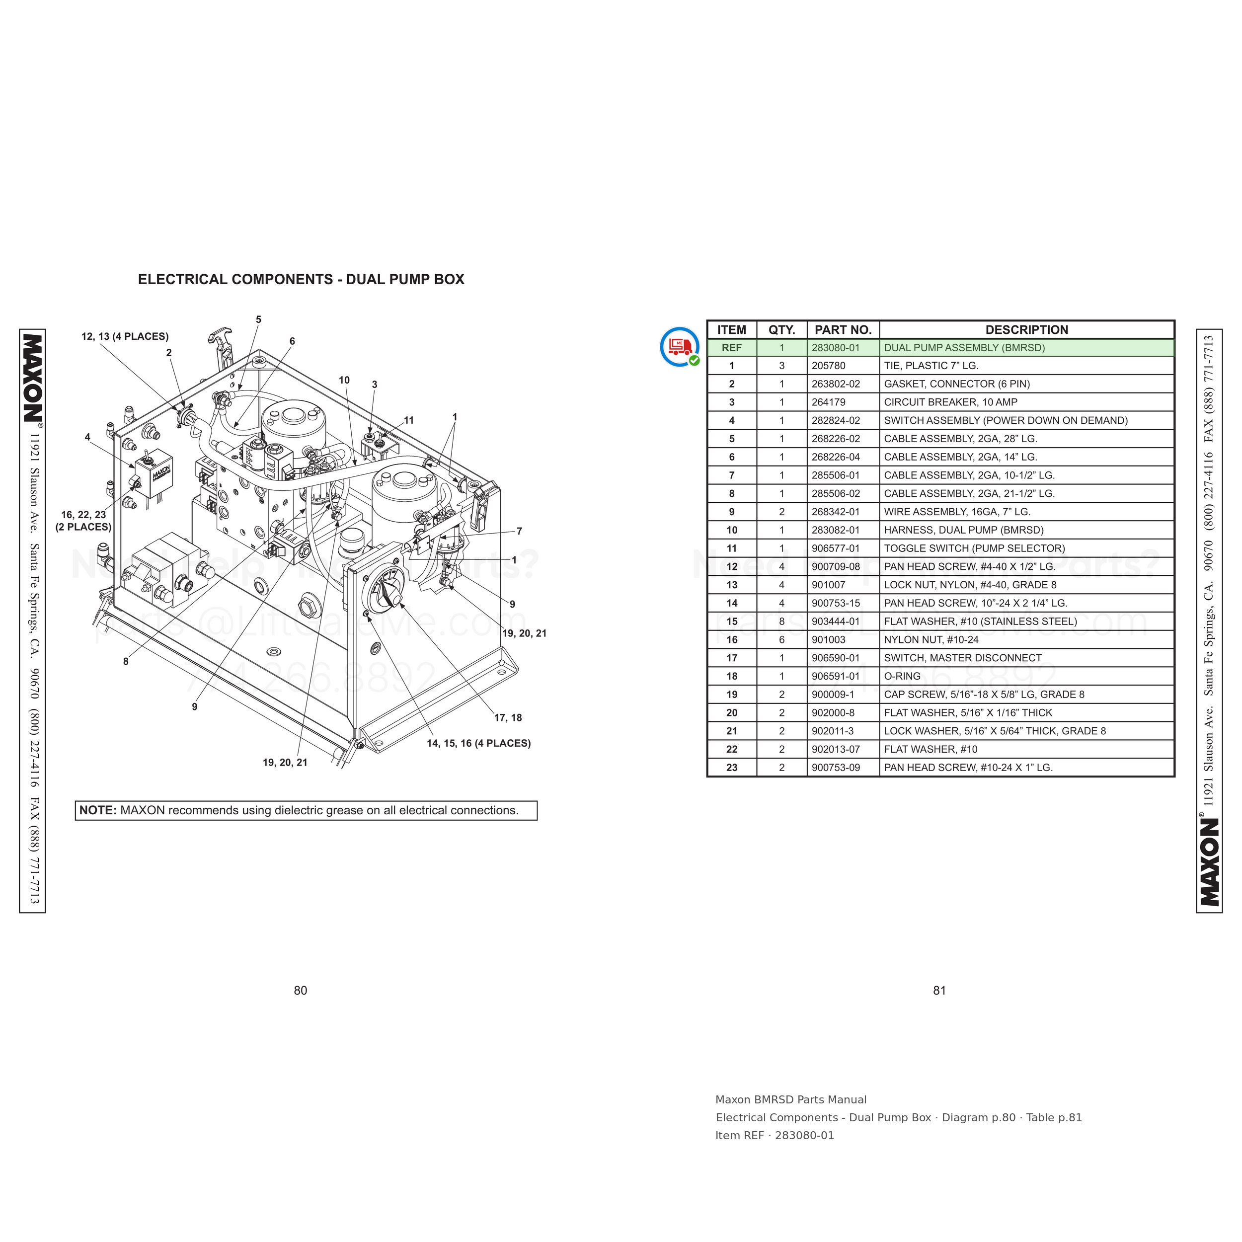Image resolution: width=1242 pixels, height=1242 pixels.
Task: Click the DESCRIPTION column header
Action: (1027, 330)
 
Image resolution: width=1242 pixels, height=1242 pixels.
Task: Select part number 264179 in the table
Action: (829, 402)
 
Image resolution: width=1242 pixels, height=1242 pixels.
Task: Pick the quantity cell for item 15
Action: (781, 621)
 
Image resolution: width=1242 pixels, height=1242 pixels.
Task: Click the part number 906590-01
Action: (836, 658)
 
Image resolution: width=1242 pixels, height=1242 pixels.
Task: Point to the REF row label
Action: (732, 348)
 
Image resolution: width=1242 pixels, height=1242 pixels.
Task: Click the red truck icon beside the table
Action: (680, 346)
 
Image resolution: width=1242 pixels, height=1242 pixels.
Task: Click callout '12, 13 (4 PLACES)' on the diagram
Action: (125, 336)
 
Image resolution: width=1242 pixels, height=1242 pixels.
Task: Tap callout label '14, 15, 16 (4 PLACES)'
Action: (479, 743)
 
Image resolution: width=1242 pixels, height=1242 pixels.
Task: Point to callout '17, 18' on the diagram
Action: (508, 717)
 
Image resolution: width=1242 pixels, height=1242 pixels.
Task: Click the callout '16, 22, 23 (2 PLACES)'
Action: (83, 521)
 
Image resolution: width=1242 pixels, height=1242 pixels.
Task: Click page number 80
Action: (300, 991)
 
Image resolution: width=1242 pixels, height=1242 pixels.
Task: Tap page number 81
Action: (940, 991)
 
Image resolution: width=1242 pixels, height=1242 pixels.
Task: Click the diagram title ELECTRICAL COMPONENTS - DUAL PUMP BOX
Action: (301, 280)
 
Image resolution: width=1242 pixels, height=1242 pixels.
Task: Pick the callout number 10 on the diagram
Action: (344, 380)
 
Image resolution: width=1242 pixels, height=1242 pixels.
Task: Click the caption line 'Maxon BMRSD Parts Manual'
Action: (791, 1100)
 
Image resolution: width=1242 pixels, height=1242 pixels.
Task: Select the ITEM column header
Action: (732, 330)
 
